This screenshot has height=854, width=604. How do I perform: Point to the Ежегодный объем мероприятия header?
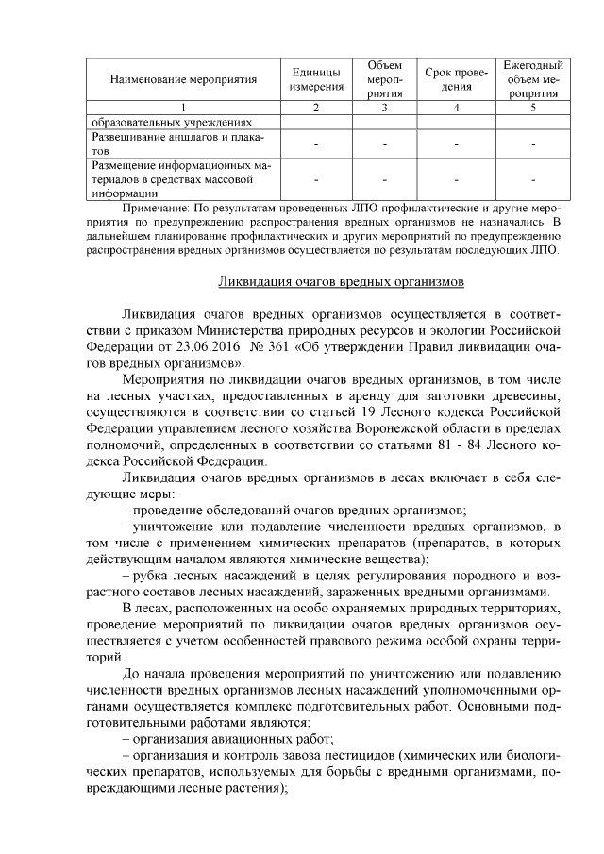(x=533, y=81)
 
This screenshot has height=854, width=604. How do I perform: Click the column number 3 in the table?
(x=385, y=108)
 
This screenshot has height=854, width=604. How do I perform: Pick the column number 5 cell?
(x=533, y=108)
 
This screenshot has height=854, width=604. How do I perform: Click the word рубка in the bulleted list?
(x=151, y=575)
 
